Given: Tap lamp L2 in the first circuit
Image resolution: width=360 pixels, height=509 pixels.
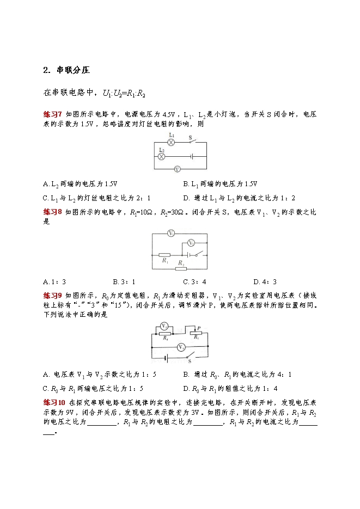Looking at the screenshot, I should [161, 156].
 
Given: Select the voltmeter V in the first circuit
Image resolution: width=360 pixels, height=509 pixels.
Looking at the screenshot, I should [176, 169].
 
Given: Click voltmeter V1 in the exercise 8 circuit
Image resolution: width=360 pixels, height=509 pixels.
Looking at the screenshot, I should [170, 234].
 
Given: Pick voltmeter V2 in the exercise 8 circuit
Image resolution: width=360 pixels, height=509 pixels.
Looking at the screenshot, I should [191, 242].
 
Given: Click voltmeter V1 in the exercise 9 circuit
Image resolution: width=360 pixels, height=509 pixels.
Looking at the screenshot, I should [164, 326].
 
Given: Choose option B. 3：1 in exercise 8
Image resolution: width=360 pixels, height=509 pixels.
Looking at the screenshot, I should [124, 281].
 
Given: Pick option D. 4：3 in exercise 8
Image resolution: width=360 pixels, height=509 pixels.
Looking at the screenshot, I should [265, 281].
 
